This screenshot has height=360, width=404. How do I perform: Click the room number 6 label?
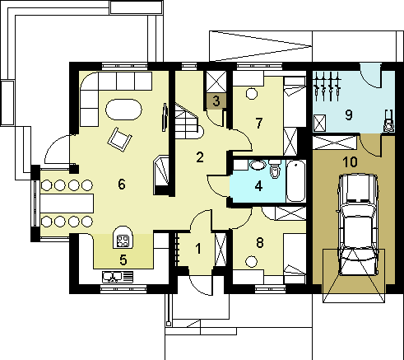click(122, 184)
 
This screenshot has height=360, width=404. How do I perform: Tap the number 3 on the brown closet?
click(216, 101)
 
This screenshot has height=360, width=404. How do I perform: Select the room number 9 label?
click(348, 115)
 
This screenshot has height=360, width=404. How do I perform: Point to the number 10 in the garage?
click(351, 162)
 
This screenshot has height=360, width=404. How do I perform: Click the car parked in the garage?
click(358, 225)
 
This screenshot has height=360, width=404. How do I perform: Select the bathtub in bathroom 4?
click(296, 181)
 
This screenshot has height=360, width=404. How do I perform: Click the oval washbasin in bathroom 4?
click(258, 165)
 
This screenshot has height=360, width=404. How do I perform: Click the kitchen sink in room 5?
click(118, 277)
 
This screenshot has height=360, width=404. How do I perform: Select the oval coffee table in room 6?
click(123, 110)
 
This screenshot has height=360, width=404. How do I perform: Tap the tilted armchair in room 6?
click(119, 139)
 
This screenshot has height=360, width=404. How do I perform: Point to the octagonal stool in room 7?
click(251, 94)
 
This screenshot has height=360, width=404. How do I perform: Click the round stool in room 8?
click(251, 261)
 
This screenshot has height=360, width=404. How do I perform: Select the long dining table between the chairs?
click(67, 203)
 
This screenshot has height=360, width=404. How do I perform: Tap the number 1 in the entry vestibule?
click(198, 249)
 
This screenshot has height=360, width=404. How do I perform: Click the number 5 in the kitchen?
click(123, 259)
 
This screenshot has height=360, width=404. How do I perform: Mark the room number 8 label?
click(259, 243)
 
